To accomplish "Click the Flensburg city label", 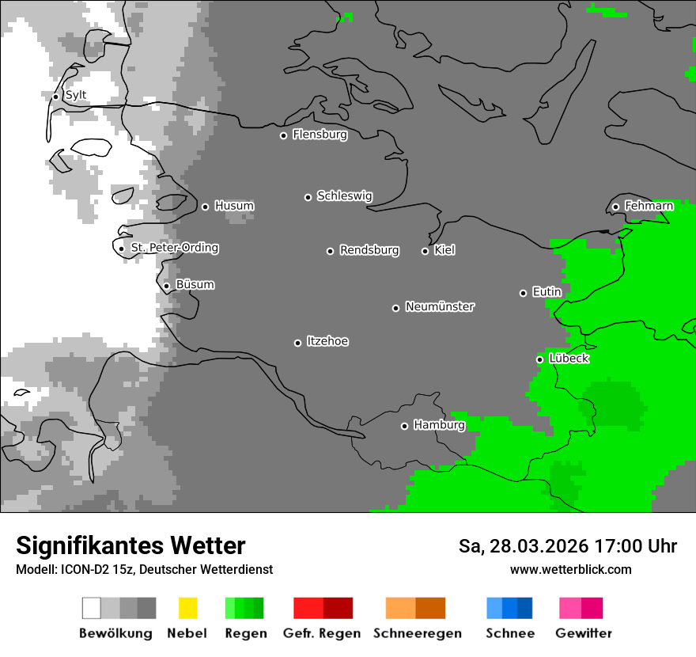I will click(x=320, y=135).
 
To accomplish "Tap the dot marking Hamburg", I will click(x=404, y=426).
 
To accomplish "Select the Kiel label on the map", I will click(x=444, y=250).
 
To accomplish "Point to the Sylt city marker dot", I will click(x=55, y=97).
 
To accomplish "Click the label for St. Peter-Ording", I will click(x=174, y=248).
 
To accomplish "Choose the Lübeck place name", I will click(x=569, y=359).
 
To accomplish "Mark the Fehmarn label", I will click(x=649, y=206).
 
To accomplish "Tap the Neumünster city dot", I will click(x=395, y=308).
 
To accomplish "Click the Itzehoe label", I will click(x=327, y=341).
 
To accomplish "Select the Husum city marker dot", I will click(x=205, y=207).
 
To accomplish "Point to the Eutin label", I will click(x=547, y=292).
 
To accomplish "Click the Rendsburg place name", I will click(x=369, y=250).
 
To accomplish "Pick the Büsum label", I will click(x=195, y=284).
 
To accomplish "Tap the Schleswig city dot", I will click(x=308, y=197).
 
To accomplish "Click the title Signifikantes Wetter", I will click(x=130, y=545).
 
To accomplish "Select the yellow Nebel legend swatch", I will click(x=187, y=608).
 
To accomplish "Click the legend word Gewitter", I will click(x=584, y=633).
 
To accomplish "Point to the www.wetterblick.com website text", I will click(x=570, y=569).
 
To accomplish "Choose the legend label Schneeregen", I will click(x=418, y=633).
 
